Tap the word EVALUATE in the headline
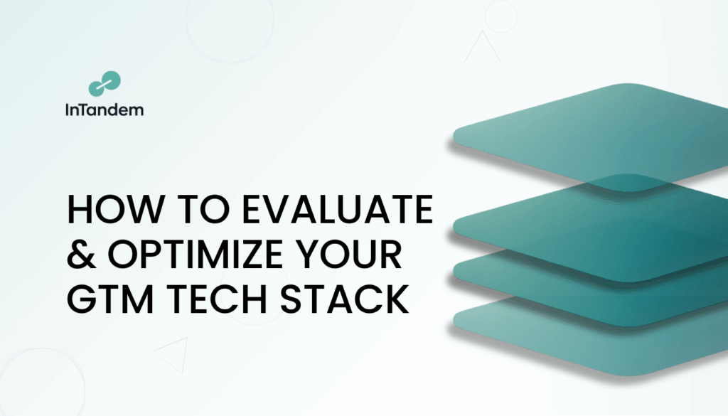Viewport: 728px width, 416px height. point(338,209)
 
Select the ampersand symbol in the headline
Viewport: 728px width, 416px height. point(81,254)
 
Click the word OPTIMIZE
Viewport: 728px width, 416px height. point(196,254)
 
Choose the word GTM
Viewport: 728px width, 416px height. point(110,299)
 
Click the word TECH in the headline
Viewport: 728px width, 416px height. point(216,299)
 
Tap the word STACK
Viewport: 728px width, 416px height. point(345,299)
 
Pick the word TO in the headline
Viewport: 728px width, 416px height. point(204,209)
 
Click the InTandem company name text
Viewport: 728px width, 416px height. point(105,110)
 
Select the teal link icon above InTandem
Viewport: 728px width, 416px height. point(105,84)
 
